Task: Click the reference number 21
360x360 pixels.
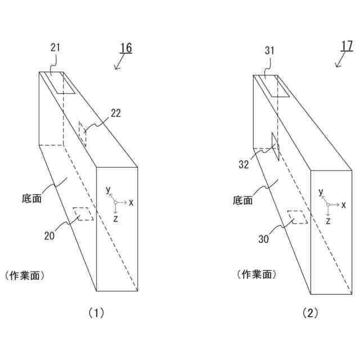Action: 55,48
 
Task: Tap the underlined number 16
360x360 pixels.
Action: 126,48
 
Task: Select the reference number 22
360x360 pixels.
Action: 116,113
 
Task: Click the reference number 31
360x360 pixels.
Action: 269,50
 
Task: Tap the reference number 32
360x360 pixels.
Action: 244,165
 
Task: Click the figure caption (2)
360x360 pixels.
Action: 310,314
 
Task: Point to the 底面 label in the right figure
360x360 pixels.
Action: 242,199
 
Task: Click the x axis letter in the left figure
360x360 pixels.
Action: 131,201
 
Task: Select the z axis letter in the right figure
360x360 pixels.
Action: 327,220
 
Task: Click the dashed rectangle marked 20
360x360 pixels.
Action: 83,214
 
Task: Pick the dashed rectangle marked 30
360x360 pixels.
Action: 298,217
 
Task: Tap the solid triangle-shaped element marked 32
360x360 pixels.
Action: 274,146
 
